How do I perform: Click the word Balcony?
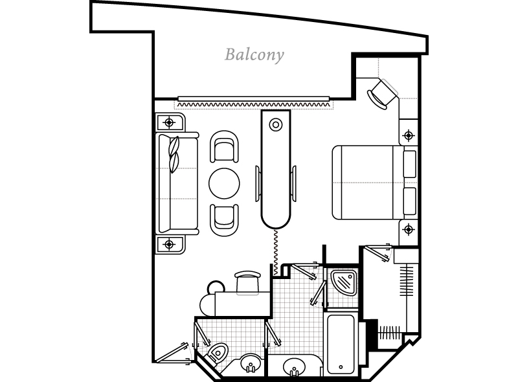tap(254, 55)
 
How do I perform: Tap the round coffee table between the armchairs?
tap(224, 183)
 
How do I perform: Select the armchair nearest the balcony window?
tap(224, 147)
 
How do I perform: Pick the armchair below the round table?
tap(224, 220)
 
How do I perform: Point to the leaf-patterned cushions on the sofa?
tap(174, 154)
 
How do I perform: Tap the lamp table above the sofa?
tap(170, 122)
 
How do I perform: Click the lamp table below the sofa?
tap(170, 245)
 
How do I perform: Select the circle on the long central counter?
tap(276, 125)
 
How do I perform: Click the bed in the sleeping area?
tap(375, 183)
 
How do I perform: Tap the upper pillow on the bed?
tap(410, 164)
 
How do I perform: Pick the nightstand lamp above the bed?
tap(409, 135)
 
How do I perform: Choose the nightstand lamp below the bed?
tap(409, 229)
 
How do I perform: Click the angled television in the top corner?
tap(383, 94)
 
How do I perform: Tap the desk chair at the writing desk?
tap(247, 282)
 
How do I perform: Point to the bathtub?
tap(341, 344)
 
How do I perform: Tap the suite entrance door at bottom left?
tap(172, 354)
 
